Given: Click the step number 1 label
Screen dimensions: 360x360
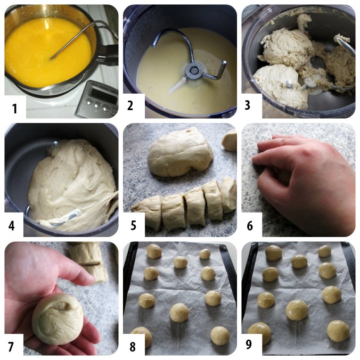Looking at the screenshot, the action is click(14, 108).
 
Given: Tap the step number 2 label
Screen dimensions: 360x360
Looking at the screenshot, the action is click(130, 105).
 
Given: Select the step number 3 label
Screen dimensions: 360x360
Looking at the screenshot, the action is click(247, 105).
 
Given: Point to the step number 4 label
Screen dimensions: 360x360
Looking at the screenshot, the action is click(12, 226).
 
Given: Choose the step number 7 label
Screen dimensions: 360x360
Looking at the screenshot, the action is click(11, 347).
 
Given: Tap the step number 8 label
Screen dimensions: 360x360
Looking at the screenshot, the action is click(133, 347).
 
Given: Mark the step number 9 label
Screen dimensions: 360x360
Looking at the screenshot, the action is click(249, 344).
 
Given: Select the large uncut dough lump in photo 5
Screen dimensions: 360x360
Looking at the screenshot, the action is click(180, 153).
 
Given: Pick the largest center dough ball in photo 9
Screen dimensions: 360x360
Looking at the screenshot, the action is click(297, 310).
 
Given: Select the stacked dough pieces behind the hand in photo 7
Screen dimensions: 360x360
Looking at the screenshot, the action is click(88, 261).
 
